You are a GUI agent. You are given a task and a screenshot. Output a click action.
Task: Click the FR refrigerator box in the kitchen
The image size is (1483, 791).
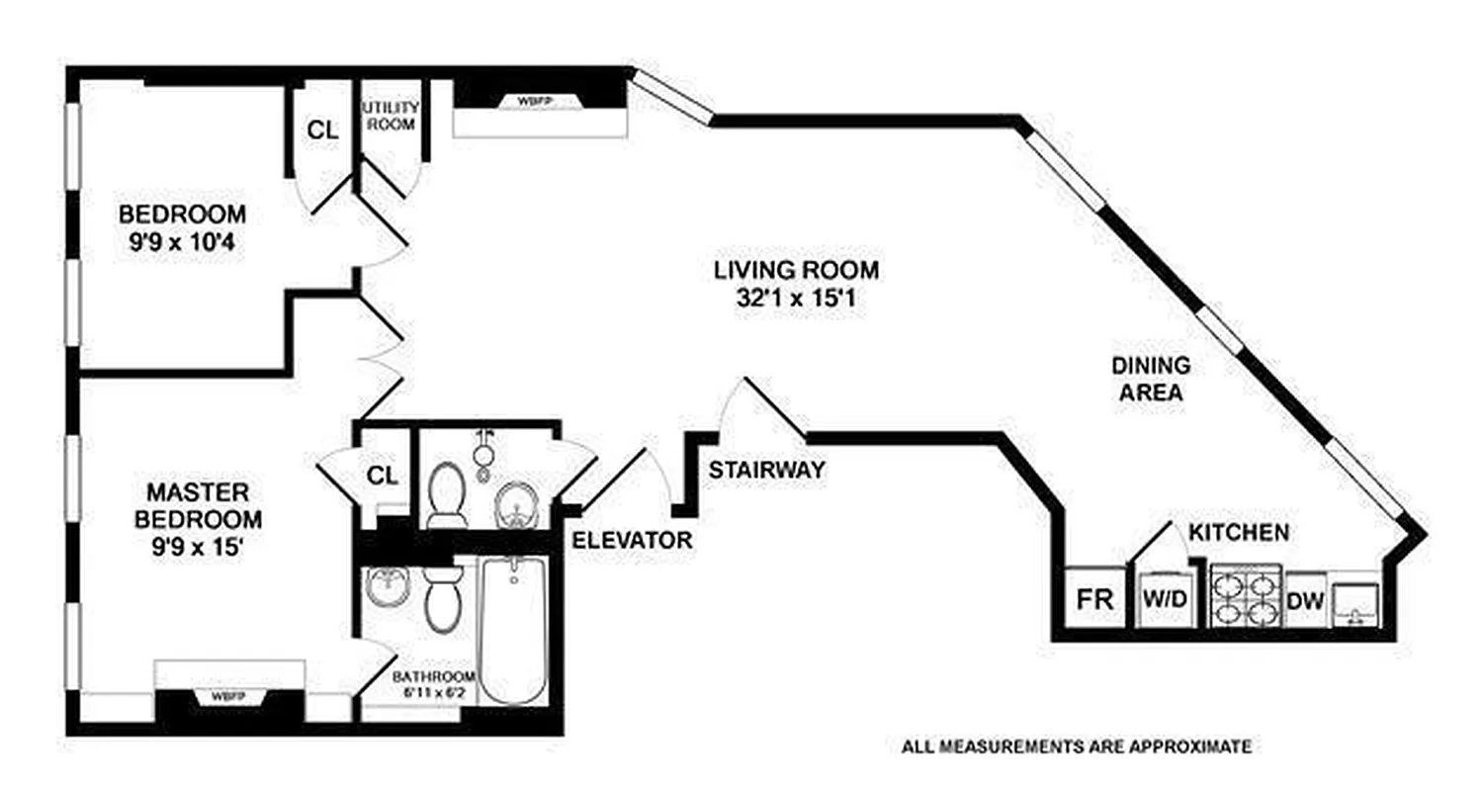[x=1095, y=597]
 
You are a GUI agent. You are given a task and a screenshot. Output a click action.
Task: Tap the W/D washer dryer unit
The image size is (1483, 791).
[x=1164, y=598]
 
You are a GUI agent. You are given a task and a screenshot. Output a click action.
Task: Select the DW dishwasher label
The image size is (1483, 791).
[x=1305, y=600]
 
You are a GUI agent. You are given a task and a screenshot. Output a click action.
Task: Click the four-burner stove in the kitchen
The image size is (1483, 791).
[x=1245, y=597]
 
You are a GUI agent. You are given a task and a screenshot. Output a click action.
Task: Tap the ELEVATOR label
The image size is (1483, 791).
[x=632, y=540]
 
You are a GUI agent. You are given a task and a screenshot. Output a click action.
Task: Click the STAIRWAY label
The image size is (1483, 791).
[x=766, y=471]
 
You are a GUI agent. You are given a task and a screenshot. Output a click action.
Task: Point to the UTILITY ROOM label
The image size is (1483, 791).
[x=391, y=116]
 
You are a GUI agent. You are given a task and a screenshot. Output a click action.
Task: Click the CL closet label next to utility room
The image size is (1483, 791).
[x=322, y=129]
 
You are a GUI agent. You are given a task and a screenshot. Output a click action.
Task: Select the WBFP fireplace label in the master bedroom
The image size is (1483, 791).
[x=229, y=697]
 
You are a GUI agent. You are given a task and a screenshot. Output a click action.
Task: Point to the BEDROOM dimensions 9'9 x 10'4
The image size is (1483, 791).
[x=182, y=240]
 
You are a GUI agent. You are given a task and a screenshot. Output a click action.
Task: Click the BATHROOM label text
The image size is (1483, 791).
[x=433, y=676]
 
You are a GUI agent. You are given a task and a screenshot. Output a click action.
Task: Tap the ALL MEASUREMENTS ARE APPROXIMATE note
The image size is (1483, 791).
[x=1076, y=747]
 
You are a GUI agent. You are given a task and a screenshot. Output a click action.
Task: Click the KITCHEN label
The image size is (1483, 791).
[x=1238, y=533]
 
